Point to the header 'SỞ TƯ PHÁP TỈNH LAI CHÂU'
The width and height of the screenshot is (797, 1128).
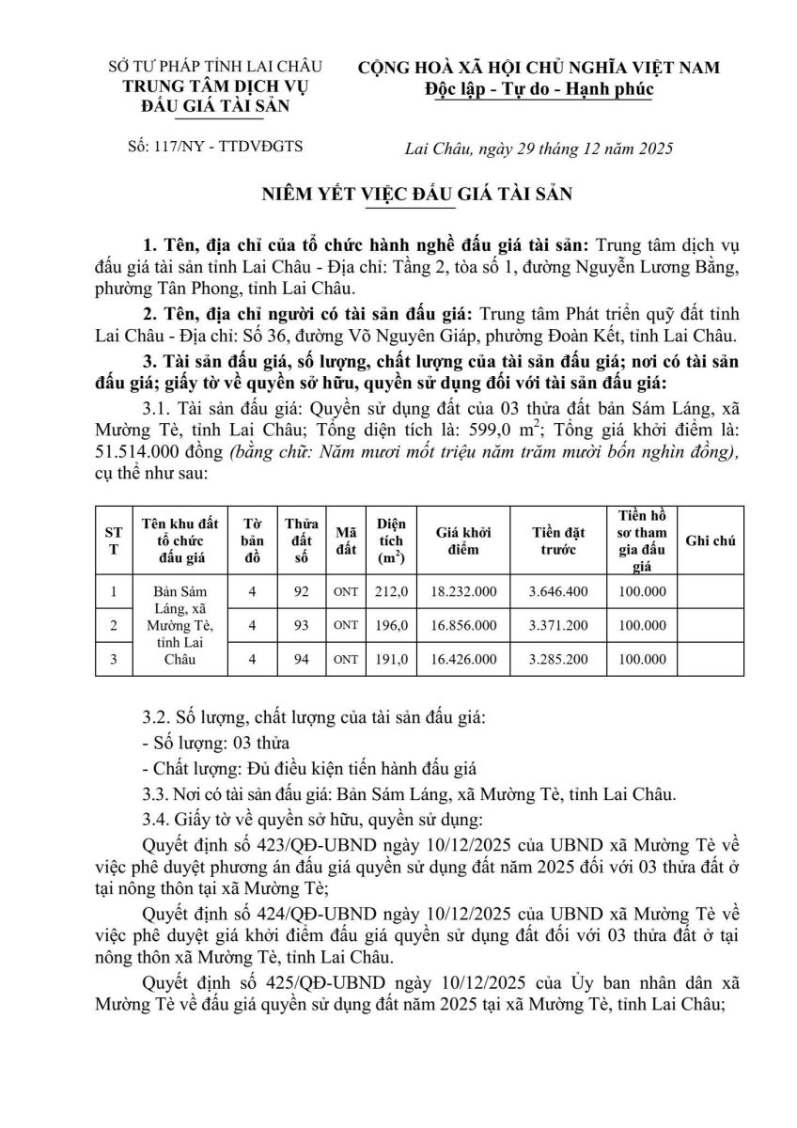[215, 67]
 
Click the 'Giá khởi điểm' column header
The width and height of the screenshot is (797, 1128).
[464, 540]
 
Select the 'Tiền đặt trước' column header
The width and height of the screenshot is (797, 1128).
[558, 540]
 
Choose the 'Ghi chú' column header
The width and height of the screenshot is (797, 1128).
[711, 540]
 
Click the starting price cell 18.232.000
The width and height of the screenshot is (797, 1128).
[464, 591]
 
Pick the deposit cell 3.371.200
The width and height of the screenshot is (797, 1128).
[558, 625]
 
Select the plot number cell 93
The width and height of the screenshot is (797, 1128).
[301, 625]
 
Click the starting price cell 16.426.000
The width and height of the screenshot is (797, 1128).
[464, 659]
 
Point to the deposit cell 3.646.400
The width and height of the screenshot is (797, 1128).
[558, 591]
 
